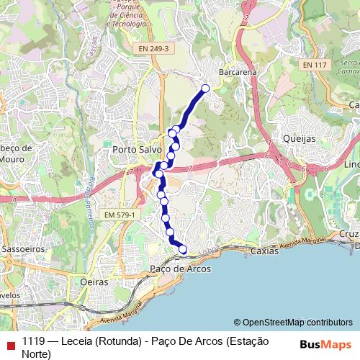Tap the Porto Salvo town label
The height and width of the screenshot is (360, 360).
click(x=136, y=149)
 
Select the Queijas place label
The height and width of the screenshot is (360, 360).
click(x=300, y=137)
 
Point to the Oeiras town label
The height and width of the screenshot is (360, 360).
click(x=94, y=282)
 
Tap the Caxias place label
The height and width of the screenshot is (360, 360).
click(x=264, y=251)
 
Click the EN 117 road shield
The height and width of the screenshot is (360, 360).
click(x=315, y=65)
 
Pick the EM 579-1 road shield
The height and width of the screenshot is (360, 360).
click(x=119, y=215)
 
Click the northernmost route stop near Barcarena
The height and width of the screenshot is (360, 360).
click(x=205, y=89)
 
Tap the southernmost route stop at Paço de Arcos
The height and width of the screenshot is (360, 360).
click(x=183, y=250)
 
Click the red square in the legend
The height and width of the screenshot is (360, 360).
click(x=8, y=342)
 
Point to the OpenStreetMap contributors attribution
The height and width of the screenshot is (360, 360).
click(x=297, y=323)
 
